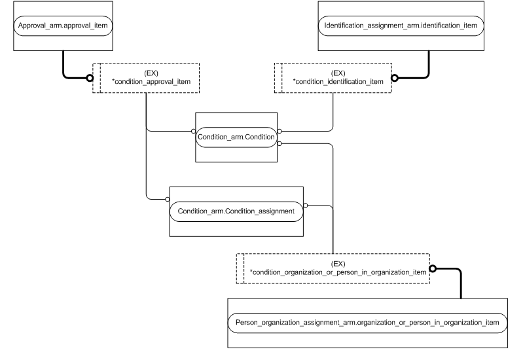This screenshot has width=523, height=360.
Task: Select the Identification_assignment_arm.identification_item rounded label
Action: (x=404, y=26)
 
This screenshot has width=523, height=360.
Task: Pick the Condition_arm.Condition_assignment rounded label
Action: (x=236, y=211)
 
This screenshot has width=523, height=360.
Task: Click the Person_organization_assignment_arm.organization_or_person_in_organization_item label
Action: (x=368, y=322)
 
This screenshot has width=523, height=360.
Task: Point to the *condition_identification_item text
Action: (x=338, y=82)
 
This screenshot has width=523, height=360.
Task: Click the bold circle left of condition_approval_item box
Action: (x=90, y=78)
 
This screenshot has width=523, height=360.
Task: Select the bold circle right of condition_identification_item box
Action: (x=395, y=78)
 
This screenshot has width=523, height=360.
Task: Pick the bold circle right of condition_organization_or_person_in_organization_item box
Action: (x=433, y=268)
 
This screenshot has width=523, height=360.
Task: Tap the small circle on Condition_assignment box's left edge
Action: (x=168, y=198)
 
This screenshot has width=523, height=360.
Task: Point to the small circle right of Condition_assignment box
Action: (x=306, y=205)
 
